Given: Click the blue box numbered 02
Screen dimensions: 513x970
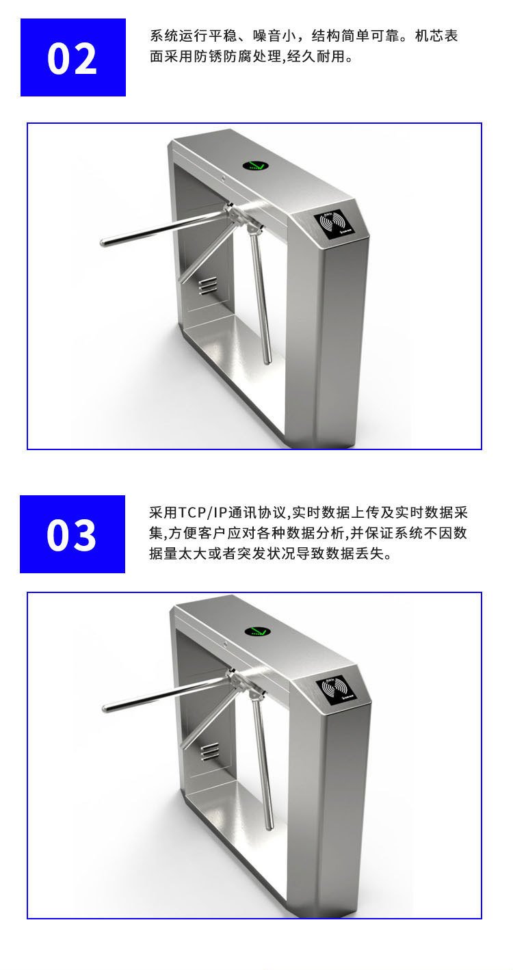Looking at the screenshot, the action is (x=73, y=57).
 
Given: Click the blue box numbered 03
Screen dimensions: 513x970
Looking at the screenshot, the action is (x=73, y=534).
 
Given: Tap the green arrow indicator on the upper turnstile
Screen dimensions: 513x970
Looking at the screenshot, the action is (x=256, y=165).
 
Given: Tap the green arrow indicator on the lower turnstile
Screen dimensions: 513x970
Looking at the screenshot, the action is (x=258, y=632).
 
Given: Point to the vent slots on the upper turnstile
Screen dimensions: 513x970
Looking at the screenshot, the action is (x=207, y=285).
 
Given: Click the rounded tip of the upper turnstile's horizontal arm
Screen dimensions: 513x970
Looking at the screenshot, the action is (x=103, y=242).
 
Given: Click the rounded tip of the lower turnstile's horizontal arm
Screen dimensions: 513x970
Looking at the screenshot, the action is (x=105, y=709).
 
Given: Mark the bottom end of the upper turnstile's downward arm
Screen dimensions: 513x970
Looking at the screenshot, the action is (x=268, y=360).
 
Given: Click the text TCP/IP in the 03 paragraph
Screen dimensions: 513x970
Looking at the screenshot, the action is (x=202, y=513).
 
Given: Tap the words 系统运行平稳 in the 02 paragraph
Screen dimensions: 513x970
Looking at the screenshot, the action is (x=193, y=36).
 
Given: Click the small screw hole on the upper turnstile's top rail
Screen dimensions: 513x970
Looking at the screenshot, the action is (x=222, y=177).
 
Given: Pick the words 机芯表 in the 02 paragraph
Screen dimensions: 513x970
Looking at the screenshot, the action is (x=436, y=36).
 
